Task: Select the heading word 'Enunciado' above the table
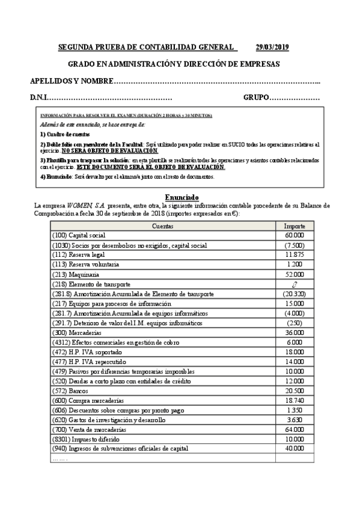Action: coord(182,198)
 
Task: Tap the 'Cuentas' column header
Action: coord(163,226)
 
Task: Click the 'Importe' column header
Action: coord(294,226)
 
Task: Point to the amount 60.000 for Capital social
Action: coord(294,235)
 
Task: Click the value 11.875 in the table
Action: coord(294,254)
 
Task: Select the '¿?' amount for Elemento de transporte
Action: coord(294,284)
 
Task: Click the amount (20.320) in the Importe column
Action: coord(294,293)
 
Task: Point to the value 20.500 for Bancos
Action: coord(294,391)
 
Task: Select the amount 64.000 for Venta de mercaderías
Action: coord(294,429)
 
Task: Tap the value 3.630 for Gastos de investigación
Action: coord(294,420)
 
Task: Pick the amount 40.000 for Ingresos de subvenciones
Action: coord(294,449)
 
